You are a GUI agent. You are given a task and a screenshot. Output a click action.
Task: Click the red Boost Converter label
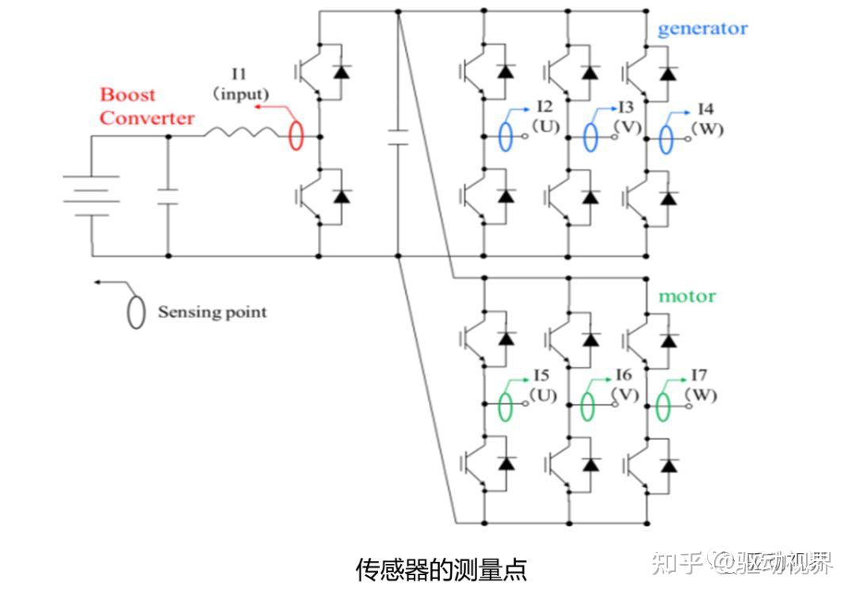click(147, 107)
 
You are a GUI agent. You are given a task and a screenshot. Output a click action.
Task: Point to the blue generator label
click(702, 29)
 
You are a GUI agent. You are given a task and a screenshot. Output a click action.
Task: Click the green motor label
click(687, 296)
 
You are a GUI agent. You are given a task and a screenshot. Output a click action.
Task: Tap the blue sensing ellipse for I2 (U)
click(506, 136)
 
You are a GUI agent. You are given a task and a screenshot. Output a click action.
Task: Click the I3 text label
click(625, 106)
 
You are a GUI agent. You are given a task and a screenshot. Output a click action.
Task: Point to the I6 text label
click(623, 375)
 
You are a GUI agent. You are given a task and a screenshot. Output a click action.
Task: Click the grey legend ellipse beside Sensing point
click(136, 311)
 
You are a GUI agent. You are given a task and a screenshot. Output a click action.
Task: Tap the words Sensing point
click(212, 311)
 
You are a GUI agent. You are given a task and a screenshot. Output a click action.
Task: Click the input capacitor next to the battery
click(168, 196)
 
